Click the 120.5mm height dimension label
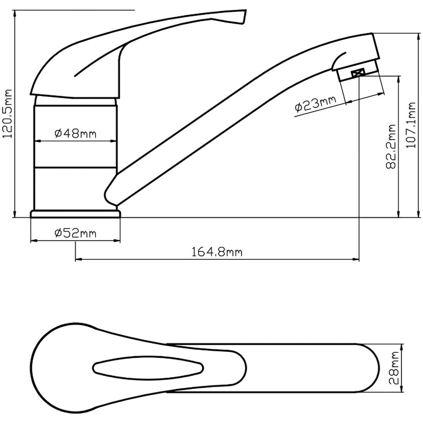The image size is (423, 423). click(x=7, y=113)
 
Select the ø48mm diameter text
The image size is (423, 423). click(x=75, y=133)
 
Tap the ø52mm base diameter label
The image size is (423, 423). click(x=75, y=233)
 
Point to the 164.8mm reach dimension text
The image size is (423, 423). click(x=217, y=252)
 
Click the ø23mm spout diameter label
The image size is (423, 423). click(x=316, y=104)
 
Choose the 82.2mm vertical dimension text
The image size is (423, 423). click(x=391, y=146)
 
